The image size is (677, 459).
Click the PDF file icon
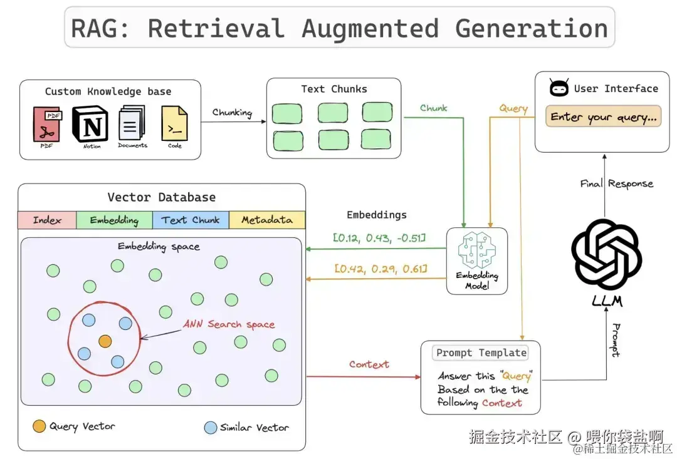(47, 124)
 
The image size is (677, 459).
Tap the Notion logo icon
(90, 123)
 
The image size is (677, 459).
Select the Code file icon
(174, 123)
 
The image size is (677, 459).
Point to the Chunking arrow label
(232, 113)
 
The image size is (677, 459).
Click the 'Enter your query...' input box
(603, 116)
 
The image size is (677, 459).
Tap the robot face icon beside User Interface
(559, 88)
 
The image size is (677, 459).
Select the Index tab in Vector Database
(47, 220)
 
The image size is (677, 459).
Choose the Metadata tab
(267, 220)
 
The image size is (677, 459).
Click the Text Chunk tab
(191, 220)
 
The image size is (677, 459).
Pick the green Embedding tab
(114, 220)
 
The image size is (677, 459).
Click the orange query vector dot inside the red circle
(105, 341)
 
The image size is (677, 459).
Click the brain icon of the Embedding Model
(476, 250)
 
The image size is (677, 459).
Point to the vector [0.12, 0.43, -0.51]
(380, 237)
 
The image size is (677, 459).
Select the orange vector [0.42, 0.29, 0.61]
(381, 269)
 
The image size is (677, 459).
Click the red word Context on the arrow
(369, 364)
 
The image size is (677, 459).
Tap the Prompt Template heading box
(480, 353)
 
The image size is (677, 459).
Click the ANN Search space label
(229, 324)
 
